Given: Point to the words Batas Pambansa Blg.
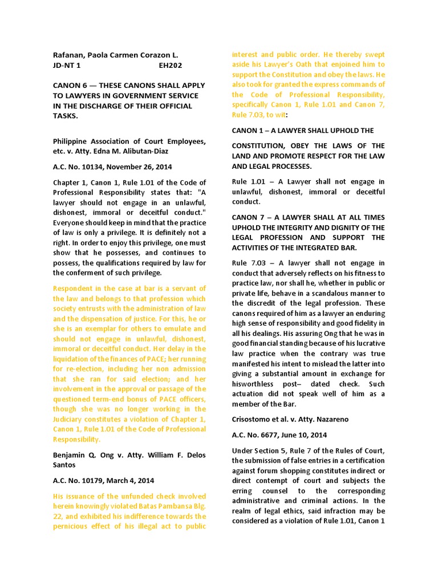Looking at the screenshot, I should tap(165, 506).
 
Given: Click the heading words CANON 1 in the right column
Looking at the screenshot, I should tap(250, 131).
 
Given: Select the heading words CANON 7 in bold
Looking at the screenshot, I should tap(250, 217).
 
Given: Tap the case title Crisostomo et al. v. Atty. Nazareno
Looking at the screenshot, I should tap(290, 419).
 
